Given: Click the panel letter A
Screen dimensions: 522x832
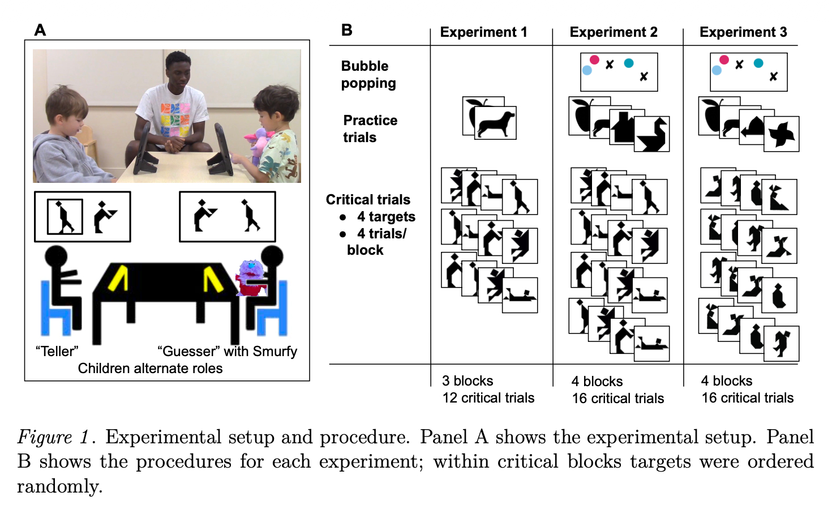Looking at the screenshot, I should pyautogui.click(x=40, y=30).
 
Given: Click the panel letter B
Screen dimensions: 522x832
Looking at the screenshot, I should pyautogui.click(x=347, y=30).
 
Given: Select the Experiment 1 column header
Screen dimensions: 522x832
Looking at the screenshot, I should pyautogui.click(x=483, y=32).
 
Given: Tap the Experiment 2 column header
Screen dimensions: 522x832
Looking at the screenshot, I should pyautogui.click(x=614, y=32).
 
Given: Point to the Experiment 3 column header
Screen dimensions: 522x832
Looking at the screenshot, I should pyautogui.click(x=743, y=32).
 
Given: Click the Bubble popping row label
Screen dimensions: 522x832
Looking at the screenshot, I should pyautogui.click(x=368, y=75).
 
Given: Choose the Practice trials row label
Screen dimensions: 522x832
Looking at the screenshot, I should pyautogui.click(x=370, y=129).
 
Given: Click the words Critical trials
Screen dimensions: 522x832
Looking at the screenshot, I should pyautogui.click(x=368, y=200).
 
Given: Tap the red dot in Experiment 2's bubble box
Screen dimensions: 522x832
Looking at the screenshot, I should pyautogui.click(x=594, y=59).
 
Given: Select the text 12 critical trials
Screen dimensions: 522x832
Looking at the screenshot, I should pyautogui.click(x=488, y=398).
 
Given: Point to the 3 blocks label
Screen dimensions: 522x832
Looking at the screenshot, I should pyautogui.click(x=468, y=381).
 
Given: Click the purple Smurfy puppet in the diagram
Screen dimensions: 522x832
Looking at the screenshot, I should pyautogui.click(x=251, y=277).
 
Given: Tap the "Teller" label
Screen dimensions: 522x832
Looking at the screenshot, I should pyautogui.click(x=57, y=352).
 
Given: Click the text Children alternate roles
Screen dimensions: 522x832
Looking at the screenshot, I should pyautogui.click(x=150, y=369).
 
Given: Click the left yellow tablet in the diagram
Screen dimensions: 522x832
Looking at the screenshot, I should pyautogui.click(x=118, y=279).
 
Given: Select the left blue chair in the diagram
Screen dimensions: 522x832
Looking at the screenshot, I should pyautogui.click(x=55, y=309).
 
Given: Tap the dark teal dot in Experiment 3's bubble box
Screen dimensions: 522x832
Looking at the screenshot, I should pyautogui.click(x=758, y=63).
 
